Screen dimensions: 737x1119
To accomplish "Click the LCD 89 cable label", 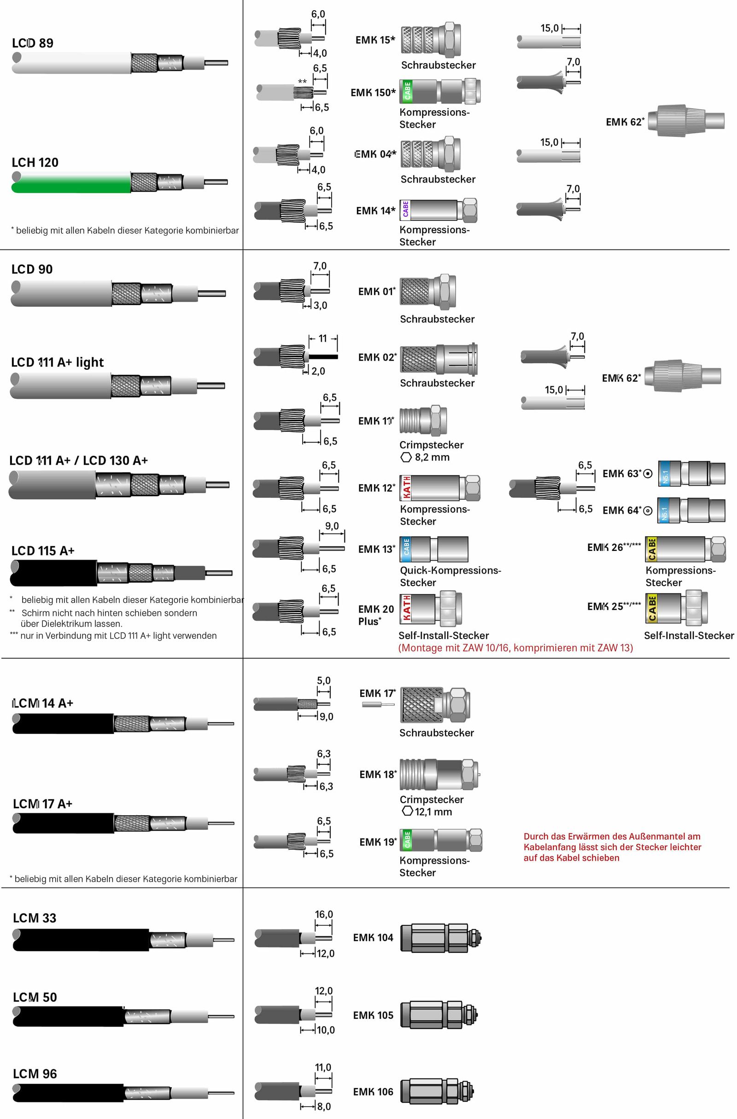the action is (x=32, y=43).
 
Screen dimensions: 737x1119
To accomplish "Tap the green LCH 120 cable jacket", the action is (x=70, y=183).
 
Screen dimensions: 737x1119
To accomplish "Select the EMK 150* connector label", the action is (x=373, y=93).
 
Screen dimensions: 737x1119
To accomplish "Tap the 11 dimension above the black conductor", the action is (x=322, y=339).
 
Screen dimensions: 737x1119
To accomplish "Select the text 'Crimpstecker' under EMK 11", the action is (x=432, y=445).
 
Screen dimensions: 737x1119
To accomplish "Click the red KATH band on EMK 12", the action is (x=406, y=488).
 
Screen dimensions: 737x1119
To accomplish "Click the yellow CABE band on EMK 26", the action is (x=651, y=549).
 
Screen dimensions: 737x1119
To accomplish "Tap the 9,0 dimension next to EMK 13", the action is (x=332, y=526).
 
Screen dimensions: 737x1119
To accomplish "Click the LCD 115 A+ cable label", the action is (x=43, y=551).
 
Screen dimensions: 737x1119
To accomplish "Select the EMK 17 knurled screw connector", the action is (x=435, y=705).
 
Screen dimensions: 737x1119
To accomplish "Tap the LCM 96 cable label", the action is (x=35, y=1074).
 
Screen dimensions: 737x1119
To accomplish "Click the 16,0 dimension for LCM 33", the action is (x=324, y=914).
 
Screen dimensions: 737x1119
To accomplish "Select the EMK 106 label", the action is (x=373, y=1092).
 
